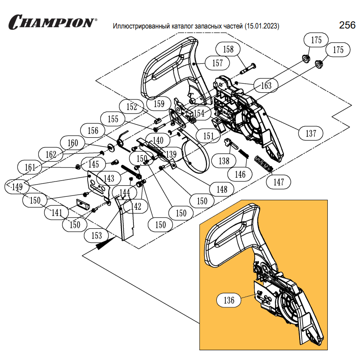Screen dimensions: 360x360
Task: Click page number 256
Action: coord(347,25)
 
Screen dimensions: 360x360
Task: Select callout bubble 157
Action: coord(217,63)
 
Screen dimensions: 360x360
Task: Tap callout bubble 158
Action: coord(228,49)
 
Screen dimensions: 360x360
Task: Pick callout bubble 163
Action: coord(266,86)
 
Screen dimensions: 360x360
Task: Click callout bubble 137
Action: coord(311,133)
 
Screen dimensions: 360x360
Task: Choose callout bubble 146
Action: coord(241,174)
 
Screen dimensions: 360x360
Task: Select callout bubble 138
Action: coord(224,161)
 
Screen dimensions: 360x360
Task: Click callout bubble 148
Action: coord(221,189)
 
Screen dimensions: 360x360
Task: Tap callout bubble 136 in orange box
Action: coord(229,300)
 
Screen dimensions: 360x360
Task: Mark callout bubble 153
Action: coord(96,235)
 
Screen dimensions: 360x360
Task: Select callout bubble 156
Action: coord(93,131)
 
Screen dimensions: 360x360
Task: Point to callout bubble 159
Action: coord(159,104)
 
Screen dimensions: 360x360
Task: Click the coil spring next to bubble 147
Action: coord(264,164)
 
